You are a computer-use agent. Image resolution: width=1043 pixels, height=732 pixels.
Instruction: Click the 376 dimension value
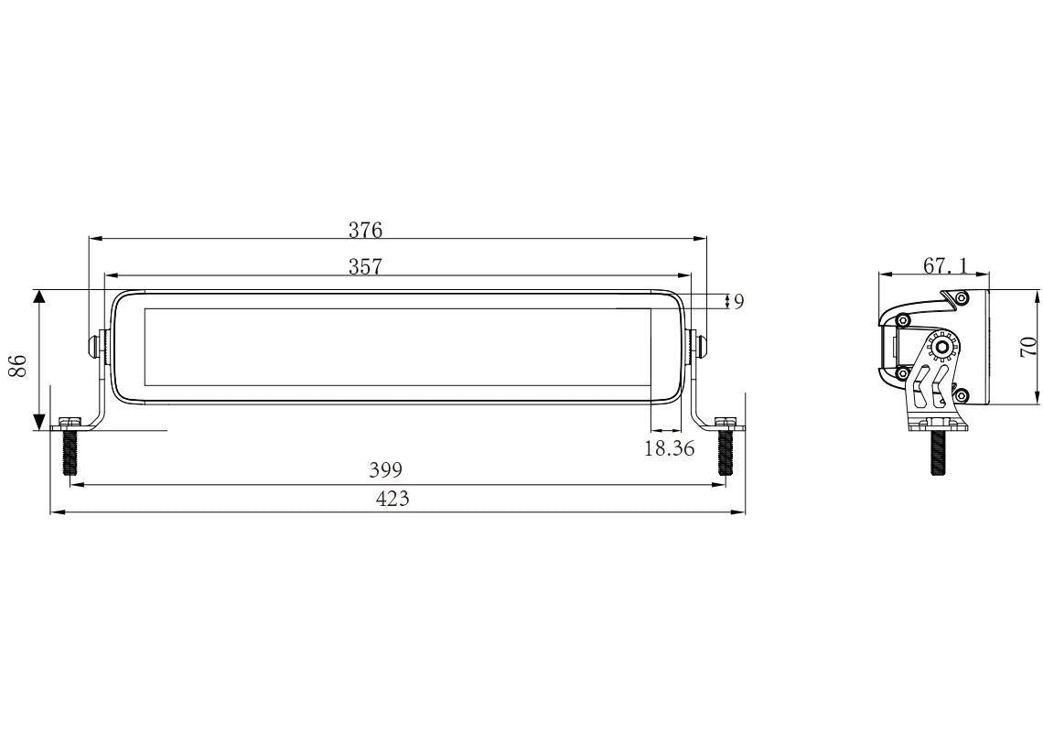click(365, 229)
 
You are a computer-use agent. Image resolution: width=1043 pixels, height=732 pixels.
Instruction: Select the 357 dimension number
click(365, 265)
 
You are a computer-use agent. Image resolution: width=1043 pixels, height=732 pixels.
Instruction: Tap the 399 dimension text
click(385, 469)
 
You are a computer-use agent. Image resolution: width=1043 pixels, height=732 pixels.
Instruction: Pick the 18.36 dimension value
click(670, 448)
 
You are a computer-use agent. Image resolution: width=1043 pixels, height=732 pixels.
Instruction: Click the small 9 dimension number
click(738, 302)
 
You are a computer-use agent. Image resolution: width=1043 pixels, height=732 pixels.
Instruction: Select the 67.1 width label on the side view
click(944, 265)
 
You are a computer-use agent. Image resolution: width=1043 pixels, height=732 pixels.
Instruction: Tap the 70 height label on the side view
click(1027, 347)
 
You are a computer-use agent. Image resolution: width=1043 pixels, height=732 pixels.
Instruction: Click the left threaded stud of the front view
click(70, 452)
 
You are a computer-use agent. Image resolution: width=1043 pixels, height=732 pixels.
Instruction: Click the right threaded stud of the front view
click(726, 452)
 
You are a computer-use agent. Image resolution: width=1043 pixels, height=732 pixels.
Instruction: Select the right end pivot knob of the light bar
click(699, 346)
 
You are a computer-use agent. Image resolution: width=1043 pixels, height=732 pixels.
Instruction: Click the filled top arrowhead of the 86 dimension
click(38, 298)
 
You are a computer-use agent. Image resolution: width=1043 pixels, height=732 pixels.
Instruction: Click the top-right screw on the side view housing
click(961, 297)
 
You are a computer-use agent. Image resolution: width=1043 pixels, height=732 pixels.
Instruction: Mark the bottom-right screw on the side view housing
click(961, 395)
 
